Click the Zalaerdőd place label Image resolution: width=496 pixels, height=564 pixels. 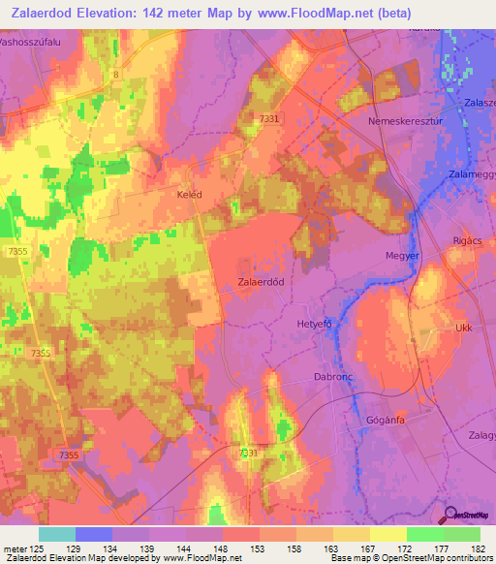(261, 281)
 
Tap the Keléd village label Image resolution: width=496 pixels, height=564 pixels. (189, 195)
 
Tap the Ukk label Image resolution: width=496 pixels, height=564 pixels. (463, 329)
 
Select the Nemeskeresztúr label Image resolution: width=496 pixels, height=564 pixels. (403, 123)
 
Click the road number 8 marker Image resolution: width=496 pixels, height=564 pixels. (114, 74)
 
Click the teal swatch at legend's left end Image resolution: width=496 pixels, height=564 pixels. (56, 534)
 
